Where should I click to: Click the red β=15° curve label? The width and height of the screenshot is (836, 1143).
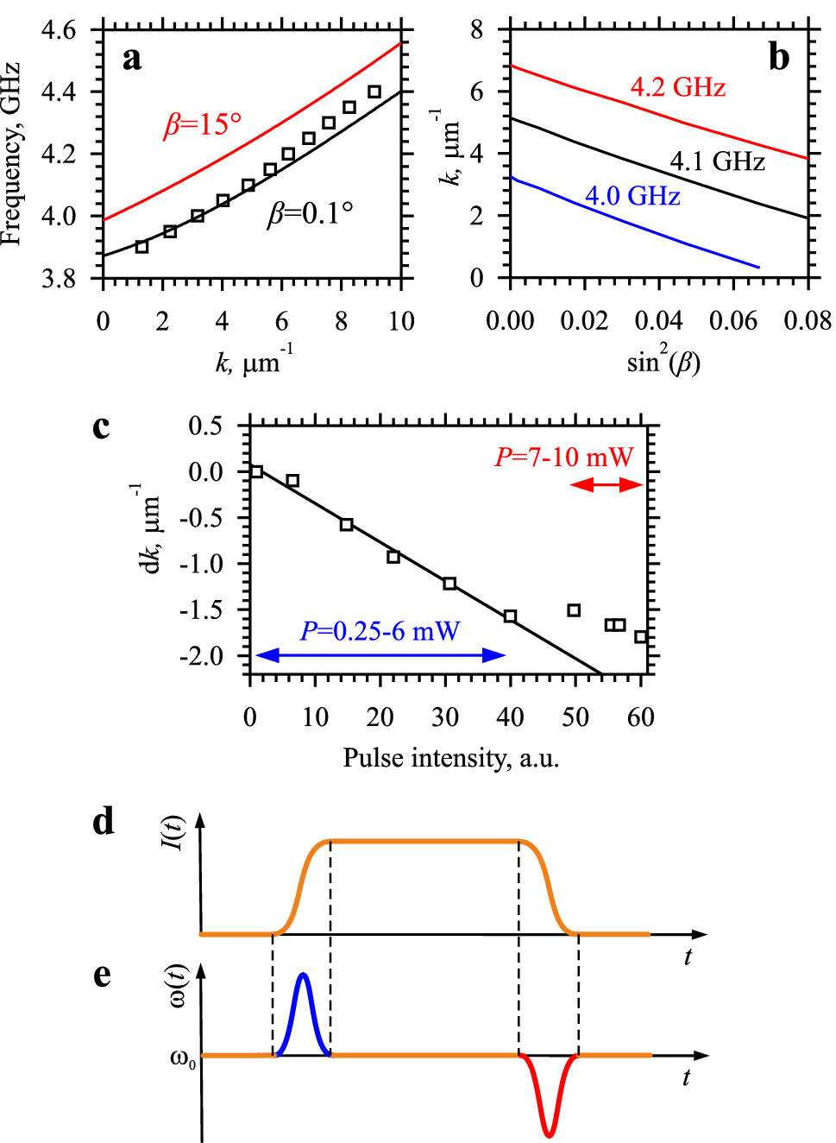(203, 125)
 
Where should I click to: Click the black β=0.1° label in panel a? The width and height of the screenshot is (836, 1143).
(310, 213)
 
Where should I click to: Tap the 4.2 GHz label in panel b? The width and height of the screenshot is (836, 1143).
(677, 87)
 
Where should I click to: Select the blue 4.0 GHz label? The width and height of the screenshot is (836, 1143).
(632, 196)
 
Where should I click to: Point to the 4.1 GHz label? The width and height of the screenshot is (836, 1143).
(717, 161)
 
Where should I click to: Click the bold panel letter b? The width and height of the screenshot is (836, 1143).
(778, 58)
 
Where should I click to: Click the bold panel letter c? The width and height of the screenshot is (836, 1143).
(101, 426)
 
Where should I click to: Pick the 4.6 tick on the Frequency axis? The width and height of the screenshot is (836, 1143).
(59, 30)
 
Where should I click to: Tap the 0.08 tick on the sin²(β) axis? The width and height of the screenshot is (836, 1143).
(808, 321)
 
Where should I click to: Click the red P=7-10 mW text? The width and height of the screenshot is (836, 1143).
(563, 457)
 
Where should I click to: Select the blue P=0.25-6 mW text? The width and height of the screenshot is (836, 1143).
(380, 631)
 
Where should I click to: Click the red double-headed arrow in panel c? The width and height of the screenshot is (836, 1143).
(607, 485)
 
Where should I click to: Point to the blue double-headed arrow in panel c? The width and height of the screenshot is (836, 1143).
(380, 655)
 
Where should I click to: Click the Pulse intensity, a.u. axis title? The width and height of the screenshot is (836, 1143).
(450, 758)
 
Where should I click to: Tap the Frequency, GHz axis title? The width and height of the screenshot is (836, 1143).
(11, 154)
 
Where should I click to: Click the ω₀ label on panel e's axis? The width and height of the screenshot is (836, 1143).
(182, 1058)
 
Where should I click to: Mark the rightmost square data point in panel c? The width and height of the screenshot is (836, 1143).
(641, 637)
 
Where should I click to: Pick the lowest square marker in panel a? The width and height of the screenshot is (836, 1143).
(142, 247)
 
